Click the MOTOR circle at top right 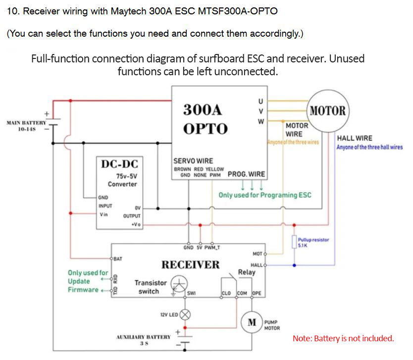point(327,110)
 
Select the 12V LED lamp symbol point(185,314)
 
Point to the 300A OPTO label point(206,119)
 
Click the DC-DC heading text point(120,163)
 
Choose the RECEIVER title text point(190,264)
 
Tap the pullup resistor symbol point(294,242)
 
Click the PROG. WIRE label point(246,174)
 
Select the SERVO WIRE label point(193,161)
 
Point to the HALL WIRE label point(354,138)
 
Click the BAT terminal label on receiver point(118,258)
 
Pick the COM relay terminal point(242,293)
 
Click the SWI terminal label point(191,293)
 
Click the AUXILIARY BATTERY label point(143,337)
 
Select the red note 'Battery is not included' point(343,339)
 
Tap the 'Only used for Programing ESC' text point(265,195)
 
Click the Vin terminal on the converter point(103,214)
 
